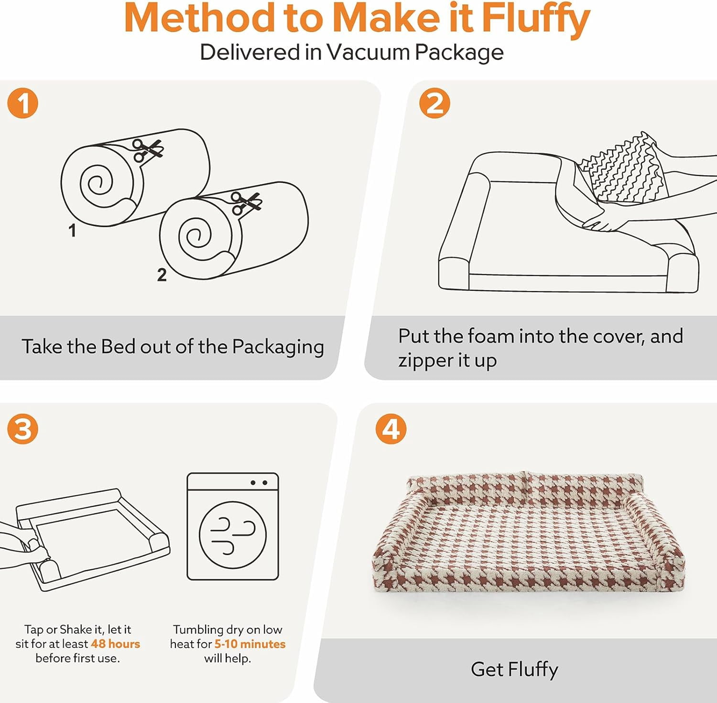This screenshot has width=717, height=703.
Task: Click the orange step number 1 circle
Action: [22, 103]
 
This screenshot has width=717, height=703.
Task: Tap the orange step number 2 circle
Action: [435, 103]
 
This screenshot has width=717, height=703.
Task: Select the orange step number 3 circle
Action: [22, 429]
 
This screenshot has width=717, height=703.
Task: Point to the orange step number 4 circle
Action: [391, 429]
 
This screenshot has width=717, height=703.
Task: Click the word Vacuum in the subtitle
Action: [369, 52]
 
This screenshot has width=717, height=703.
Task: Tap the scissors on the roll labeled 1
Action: [148, 150]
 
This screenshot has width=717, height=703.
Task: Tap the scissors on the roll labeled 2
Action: [246, 203]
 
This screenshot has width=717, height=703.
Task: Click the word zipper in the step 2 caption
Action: [426, 361]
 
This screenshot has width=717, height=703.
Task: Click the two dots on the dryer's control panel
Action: [259, 483]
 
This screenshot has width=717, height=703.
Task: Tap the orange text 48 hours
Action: [115, 644]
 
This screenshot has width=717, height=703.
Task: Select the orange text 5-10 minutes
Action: [250, 644]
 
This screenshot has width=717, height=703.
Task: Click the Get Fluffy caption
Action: [514, 670]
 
